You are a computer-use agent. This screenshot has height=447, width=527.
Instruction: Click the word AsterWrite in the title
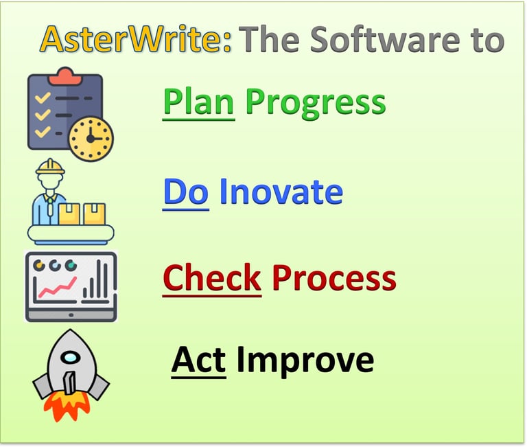[135, 41]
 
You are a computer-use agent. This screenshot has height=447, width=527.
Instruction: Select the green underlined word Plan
[198, 102]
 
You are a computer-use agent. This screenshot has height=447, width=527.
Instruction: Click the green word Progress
[316, 102]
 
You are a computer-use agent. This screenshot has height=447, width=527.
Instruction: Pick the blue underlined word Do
[185, 192]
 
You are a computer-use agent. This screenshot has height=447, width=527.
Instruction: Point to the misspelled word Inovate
[281, 192]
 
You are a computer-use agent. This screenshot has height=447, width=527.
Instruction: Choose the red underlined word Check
[212, 278]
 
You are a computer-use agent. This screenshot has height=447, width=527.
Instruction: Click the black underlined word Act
[198, 360]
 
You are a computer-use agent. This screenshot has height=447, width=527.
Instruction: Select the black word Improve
[305, 360]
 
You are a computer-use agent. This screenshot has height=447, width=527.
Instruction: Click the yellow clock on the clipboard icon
[91, 138]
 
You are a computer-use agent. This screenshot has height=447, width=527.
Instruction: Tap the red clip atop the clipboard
[65, 73]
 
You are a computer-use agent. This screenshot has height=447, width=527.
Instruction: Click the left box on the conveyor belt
[69, 214]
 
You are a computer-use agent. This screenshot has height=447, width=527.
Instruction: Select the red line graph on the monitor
[57, 288]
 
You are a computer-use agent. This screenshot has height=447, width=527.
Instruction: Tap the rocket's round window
[69, 358]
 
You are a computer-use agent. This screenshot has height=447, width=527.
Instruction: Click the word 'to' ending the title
[486, 41]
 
